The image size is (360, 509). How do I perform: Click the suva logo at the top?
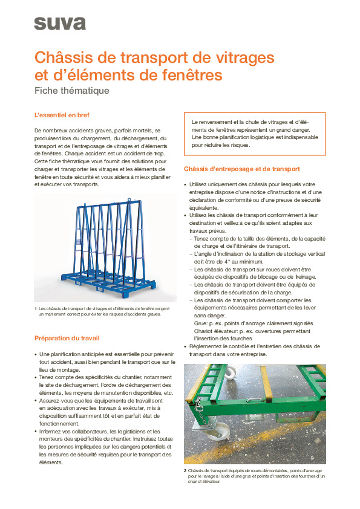click(59, 23)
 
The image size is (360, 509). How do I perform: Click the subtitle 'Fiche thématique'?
click(71, 91)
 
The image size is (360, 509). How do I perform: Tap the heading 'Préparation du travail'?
click(67, 338)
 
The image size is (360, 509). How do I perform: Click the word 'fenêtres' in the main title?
click(189, 76)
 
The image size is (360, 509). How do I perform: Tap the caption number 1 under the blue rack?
click(36, 310)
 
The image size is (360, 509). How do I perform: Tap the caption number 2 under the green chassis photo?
click(185, 470)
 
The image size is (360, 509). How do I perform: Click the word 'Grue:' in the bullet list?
click(203, 323)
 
